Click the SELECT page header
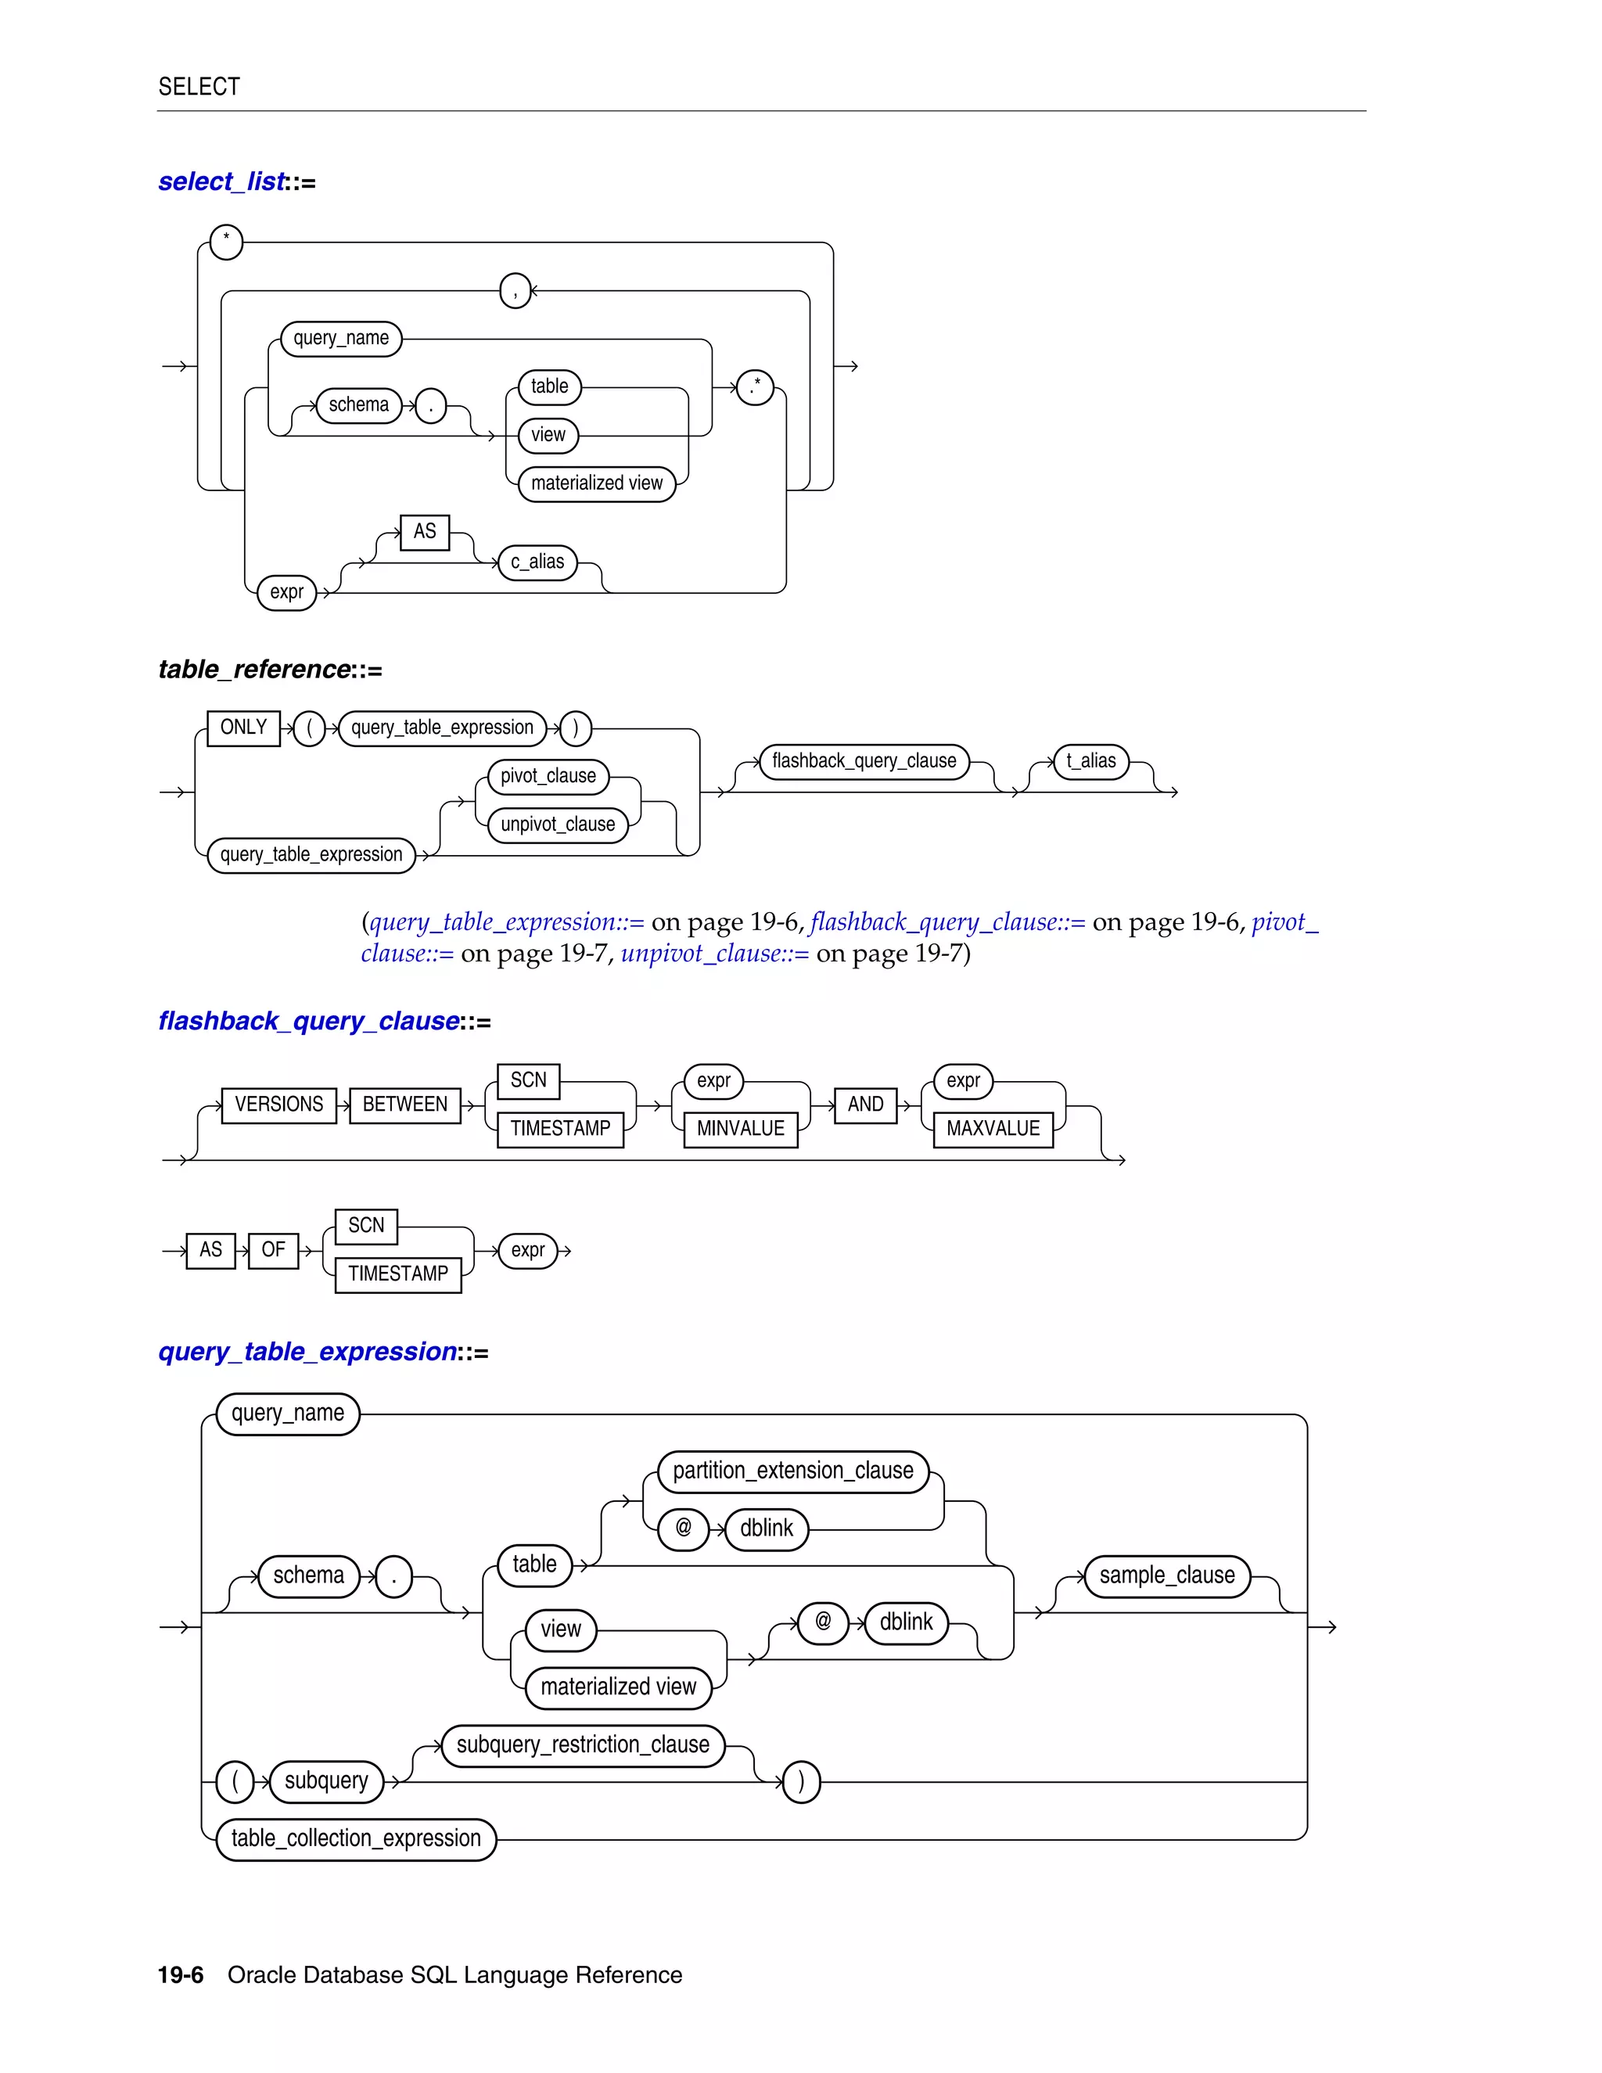(x=199, y=86)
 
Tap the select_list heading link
(x=221, y=181)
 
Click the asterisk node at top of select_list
(x=226, y=242)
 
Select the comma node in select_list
(x=515, y=290)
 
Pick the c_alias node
(x=537, y=562)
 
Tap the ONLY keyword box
(x=243, y=728)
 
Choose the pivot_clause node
(x=548, y=777)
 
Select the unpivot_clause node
(x=557, y=824)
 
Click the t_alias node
(x=1090, y=761)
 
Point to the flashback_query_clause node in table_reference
(x=864, y=761)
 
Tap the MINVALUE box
(x=740, y=1129)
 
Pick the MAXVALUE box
(x=993, y=1129)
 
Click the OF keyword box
(x=272, y=1250)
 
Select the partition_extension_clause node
(x=792, y=1471)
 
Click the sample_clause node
(x=1166, y=1575)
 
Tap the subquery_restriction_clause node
(x=583, y=1745)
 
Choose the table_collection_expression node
(x=356, y=1838)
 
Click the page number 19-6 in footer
(x=181, y=1975)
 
